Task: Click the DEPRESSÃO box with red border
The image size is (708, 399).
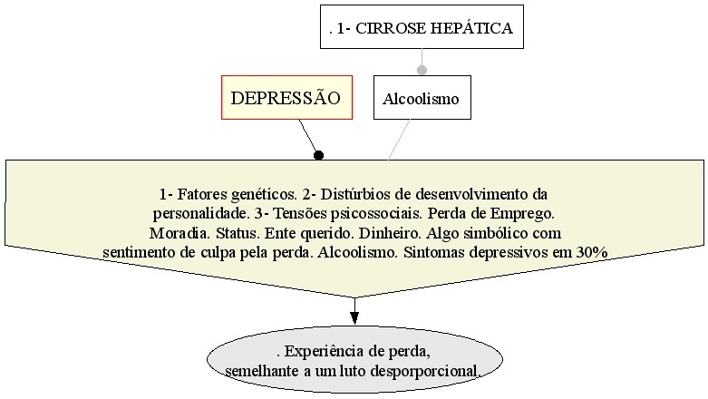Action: pos(286,98)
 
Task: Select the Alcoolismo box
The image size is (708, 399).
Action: pos(422,98)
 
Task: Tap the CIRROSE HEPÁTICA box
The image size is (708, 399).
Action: pos(422,26)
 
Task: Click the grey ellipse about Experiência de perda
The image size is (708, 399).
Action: pos(354,360)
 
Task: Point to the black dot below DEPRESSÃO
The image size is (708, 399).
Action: pos(319,155)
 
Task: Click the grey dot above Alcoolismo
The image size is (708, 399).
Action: pos(422,70)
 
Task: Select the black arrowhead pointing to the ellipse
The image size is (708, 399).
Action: pos(354,317)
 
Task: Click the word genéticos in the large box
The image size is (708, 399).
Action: pos(264,195)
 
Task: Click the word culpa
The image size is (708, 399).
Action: pos(218,253)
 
